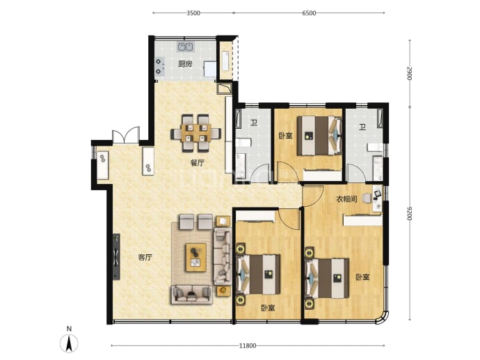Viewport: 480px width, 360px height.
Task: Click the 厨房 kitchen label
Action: [185, 64]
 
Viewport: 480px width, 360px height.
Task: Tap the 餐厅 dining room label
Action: [197, 163]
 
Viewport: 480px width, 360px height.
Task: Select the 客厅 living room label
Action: [145, 258]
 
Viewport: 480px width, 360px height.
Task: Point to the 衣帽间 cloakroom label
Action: [346, 199]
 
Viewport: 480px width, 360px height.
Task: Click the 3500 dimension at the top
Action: [193, 13]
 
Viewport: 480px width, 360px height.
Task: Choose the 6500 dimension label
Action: [309, 13]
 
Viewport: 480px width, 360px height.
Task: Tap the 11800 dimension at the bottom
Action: [248, 346]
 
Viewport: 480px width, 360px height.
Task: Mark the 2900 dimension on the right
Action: [410, 74]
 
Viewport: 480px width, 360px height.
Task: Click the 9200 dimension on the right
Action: [410, 214]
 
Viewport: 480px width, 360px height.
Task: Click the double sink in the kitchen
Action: [186, 47]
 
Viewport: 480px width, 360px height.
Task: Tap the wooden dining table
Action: [196, 133]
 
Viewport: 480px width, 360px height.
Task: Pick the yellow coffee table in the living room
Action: [196, 258]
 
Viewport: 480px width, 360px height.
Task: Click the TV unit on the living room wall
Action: [116, 257]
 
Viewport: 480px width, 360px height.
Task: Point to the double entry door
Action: [125, 136]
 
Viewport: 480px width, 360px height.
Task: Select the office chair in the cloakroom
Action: [366, 198]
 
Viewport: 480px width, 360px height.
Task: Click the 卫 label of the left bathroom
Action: [254, 123]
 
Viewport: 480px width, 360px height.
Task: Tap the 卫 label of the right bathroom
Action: [362, 127]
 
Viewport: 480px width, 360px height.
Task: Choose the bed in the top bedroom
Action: [319, 135]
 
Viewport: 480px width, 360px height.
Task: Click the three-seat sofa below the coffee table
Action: [192, 295]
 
